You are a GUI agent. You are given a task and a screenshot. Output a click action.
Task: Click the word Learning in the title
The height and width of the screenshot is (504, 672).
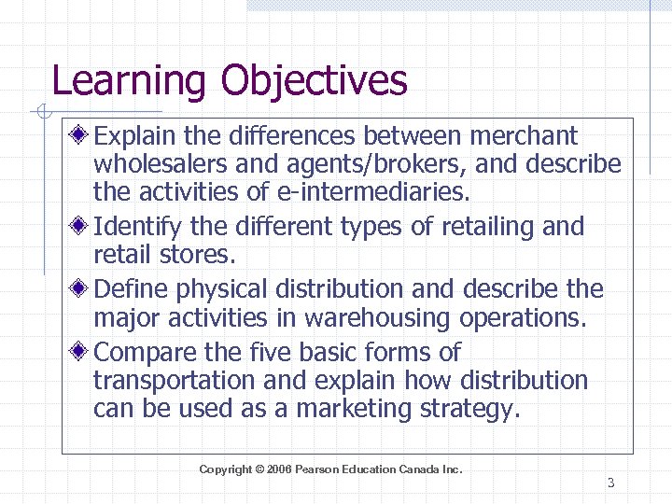tap(129, 81)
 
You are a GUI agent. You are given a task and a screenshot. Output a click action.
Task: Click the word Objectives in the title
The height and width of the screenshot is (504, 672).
tap(315, 81)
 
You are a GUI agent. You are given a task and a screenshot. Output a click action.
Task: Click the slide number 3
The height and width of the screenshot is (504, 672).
tap(610, 483)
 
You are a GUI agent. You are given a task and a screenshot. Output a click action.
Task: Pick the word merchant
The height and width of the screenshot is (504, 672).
tap(524, 136)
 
